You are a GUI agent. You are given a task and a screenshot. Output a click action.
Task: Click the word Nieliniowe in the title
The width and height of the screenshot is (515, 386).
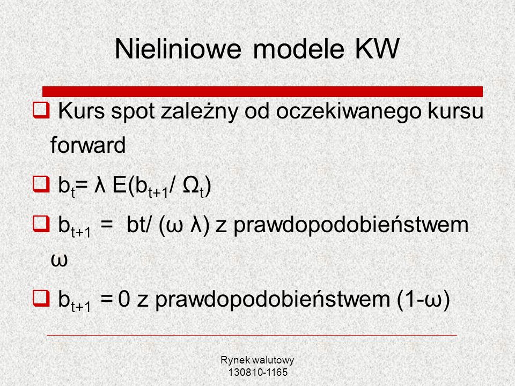pos(178,49)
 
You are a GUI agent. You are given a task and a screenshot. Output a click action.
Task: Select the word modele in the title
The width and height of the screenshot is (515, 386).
pos(299,49)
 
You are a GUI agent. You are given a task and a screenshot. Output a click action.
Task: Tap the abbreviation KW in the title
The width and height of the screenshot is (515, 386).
pos(377,49)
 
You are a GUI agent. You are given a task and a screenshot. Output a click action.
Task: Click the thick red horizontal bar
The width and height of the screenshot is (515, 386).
pos(262,92)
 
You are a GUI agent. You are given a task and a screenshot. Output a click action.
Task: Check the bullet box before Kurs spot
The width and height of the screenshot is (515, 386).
pos(41,110)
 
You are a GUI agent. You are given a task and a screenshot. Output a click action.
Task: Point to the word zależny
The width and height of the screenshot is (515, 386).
pos(199,112)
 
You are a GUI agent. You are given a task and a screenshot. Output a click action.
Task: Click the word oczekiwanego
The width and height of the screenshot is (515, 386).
pos(349,112)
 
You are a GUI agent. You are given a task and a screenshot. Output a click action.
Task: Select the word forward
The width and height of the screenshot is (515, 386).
pos(88,145)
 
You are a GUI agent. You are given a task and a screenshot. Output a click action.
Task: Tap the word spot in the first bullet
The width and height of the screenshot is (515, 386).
pos(133,112)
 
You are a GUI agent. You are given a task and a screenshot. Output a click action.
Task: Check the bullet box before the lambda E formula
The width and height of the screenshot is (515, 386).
pos(41,184)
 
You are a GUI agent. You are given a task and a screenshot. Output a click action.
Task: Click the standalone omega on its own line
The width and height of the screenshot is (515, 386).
pos(59,260)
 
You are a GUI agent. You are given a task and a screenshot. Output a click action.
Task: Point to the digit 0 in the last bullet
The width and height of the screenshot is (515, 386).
pos(124,299)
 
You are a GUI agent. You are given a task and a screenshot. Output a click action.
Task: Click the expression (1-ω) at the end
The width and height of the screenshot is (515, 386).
pos(423,299)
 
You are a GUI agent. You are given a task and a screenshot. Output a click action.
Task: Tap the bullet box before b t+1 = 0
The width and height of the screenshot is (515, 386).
pos(41,298)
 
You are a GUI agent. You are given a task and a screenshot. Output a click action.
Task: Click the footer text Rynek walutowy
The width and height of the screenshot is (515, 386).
pos(257,360)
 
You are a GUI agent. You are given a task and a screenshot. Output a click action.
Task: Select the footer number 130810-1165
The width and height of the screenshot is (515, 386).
pos(258,372)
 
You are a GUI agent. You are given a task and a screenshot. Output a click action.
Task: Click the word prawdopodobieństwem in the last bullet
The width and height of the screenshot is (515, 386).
pos(273,299)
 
